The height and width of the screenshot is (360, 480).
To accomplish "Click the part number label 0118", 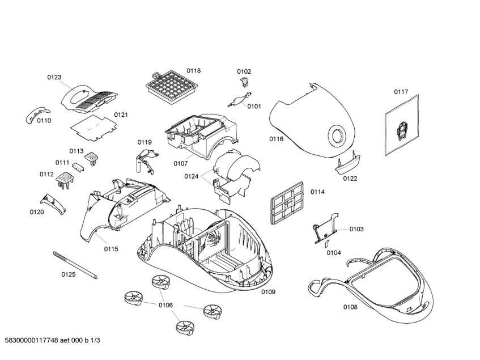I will point(194,71).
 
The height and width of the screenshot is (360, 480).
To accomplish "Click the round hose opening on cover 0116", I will point(337,135).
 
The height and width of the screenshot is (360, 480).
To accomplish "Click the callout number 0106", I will point(165,306).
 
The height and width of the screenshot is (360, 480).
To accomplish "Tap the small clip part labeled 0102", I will point(245,83).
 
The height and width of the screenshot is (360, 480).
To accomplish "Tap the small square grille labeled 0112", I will point(66,180).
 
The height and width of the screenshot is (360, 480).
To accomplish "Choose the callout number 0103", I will point(356,229).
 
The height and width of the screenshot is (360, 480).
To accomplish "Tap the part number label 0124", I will point(191,176).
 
